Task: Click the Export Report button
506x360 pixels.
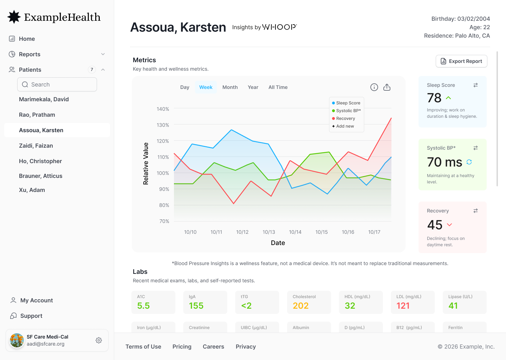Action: pos(461,61)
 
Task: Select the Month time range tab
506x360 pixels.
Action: pos(230,87)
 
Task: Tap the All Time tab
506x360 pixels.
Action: pos(278,87)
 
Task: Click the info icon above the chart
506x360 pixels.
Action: pos(374,87)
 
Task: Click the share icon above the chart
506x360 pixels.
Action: pos(387,87)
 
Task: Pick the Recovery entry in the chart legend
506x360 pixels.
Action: pos(343,118)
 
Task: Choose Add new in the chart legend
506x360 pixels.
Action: pos(343,126)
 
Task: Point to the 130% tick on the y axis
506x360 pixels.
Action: pos(163,125)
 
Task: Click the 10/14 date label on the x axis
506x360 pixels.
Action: pos(295,232)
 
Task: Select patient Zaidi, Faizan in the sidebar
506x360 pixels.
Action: pos(36,146)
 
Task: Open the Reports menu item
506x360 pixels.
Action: pos(30,54)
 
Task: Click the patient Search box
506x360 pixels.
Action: pos(57,84)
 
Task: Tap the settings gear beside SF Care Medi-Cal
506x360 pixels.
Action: pos(99,340)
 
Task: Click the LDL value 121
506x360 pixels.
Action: pos(403,306)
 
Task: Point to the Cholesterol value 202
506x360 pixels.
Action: pos(301,306)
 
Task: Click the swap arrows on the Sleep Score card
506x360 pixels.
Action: pos(475,85)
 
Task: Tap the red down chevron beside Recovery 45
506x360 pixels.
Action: pos(449,225)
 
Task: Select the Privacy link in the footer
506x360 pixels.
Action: pos(246,347)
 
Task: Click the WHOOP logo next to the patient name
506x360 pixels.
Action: pos(279,27)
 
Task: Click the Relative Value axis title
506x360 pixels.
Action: pos(146,163)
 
